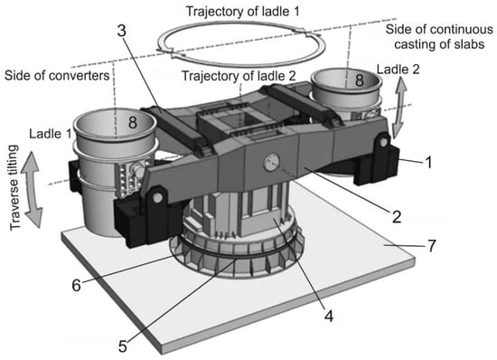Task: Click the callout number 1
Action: coord(428,163)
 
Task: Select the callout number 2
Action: coord(397,217)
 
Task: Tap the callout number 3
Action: coord(122,31)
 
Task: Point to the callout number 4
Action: coord(329,317)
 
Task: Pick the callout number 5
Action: coord(123,346)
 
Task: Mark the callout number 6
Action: coord(77,286)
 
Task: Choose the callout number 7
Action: coord(432,246)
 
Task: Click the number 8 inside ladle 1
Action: coord(133,122)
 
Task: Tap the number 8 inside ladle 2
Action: coord(359,80)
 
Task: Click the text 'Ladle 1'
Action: coord(51,134)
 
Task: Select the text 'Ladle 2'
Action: coord(399,70)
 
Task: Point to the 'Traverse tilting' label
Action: coord(14,187)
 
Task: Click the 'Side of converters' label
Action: coord(57,75)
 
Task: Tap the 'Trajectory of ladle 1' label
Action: coord(243,12)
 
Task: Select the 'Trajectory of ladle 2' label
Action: coord(239,76)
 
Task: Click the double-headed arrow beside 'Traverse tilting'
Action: coord(31,190)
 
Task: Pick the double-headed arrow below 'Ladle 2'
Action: coord(400,108)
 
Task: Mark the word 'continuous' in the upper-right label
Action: coord(462,30)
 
